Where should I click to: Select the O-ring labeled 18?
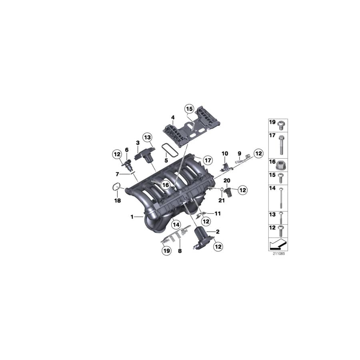coord(116,186)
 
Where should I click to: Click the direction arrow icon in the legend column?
coord(278,243)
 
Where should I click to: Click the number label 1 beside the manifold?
coord(131,217)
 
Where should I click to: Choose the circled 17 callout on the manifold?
coord(206,160)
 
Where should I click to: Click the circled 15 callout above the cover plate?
coord(189,108)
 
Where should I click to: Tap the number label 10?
coord(224,154)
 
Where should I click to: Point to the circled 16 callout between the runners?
coord(165,184)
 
